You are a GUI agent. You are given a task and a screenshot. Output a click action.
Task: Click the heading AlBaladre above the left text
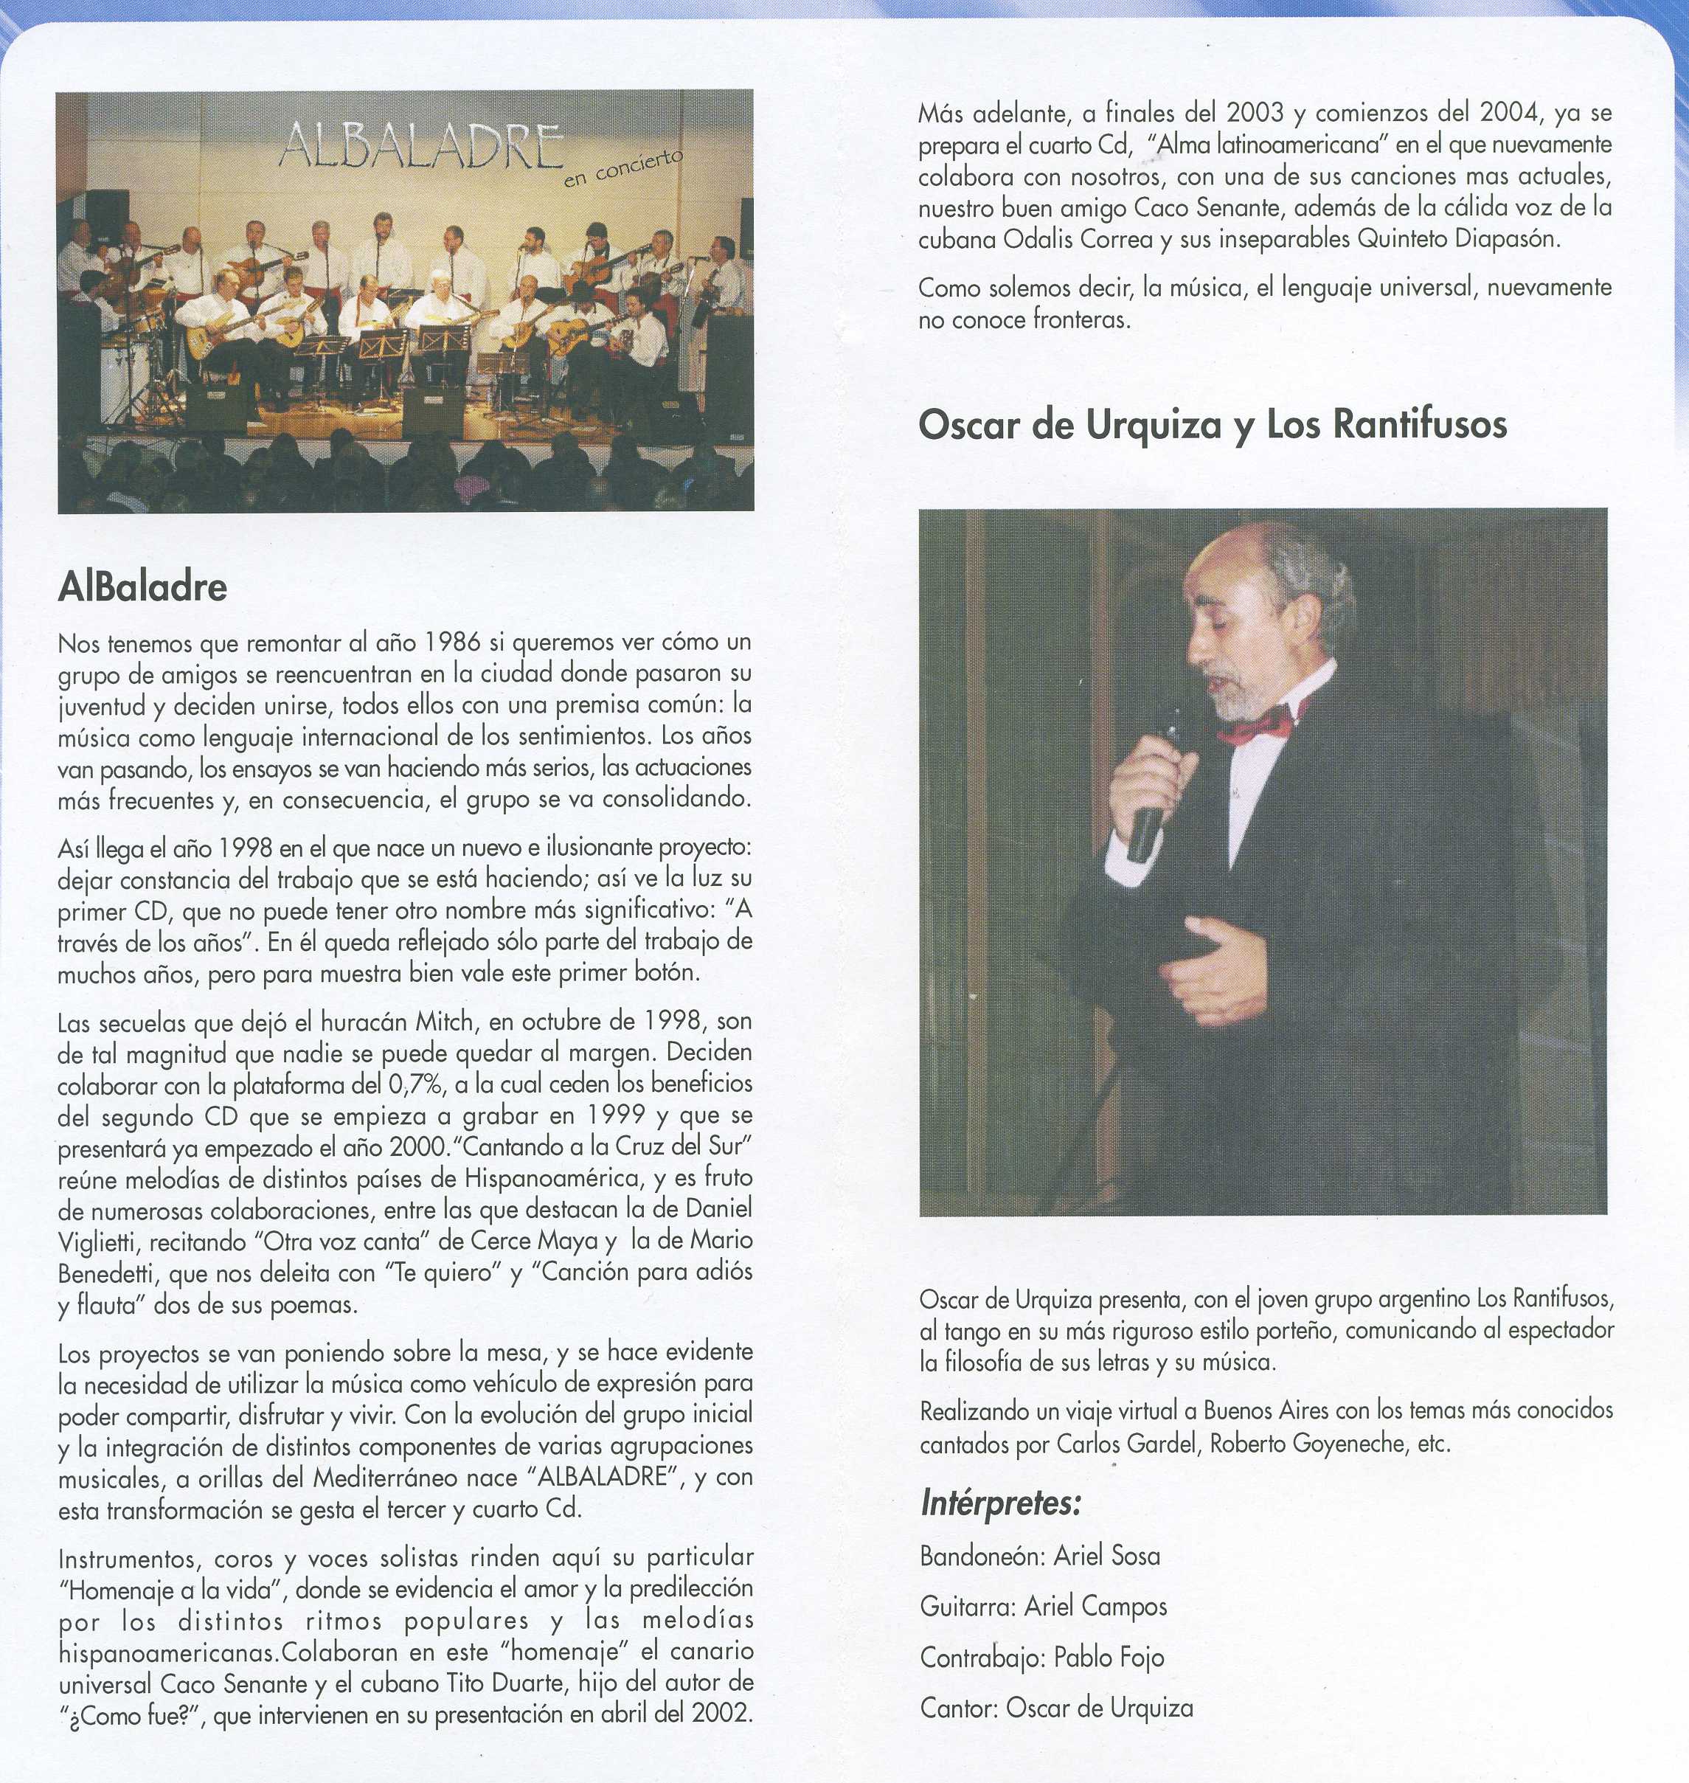tap(142, 587)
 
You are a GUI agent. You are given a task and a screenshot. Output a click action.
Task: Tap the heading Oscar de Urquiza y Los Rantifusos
tap(1212, 425)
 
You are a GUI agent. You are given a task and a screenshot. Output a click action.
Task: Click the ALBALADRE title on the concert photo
tap(421, 147)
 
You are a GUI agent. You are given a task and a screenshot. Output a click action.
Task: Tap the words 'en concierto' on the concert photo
tap(623, 167)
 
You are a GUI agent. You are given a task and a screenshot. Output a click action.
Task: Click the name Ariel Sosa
tap(1106, 1556)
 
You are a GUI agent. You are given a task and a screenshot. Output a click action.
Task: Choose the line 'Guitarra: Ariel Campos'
tap(1043, 1607)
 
